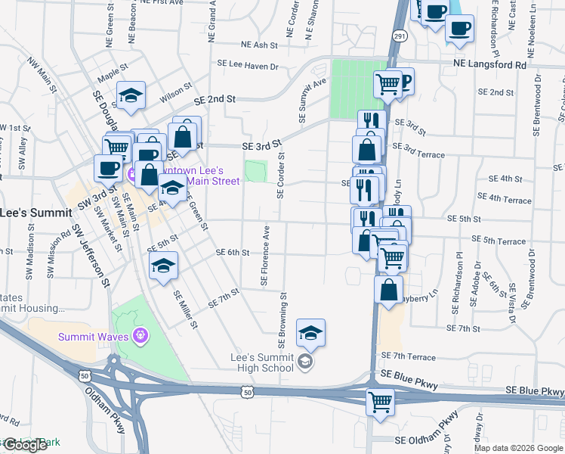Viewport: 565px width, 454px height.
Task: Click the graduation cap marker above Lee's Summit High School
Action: (x=310, y=333)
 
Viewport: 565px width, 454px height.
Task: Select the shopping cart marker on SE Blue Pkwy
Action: (x=380, y=402)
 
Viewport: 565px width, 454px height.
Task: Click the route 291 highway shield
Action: (x=400, y=36)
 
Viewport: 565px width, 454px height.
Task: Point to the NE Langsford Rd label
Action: (x=489, y=65)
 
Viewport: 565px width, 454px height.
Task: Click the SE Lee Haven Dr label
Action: (x=248, y=67)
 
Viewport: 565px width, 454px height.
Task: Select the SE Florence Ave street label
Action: (x=265, y=255)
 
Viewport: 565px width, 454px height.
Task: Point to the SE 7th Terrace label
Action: (x=409, y=356)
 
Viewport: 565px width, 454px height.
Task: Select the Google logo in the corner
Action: (x=25, y=445)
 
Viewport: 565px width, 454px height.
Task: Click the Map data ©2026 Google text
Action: (x=518, y=448)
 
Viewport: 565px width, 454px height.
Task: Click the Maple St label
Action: (x=113, y=74)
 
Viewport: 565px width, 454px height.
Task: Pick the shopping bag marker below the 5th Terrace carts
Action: (x=388, y=290)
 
